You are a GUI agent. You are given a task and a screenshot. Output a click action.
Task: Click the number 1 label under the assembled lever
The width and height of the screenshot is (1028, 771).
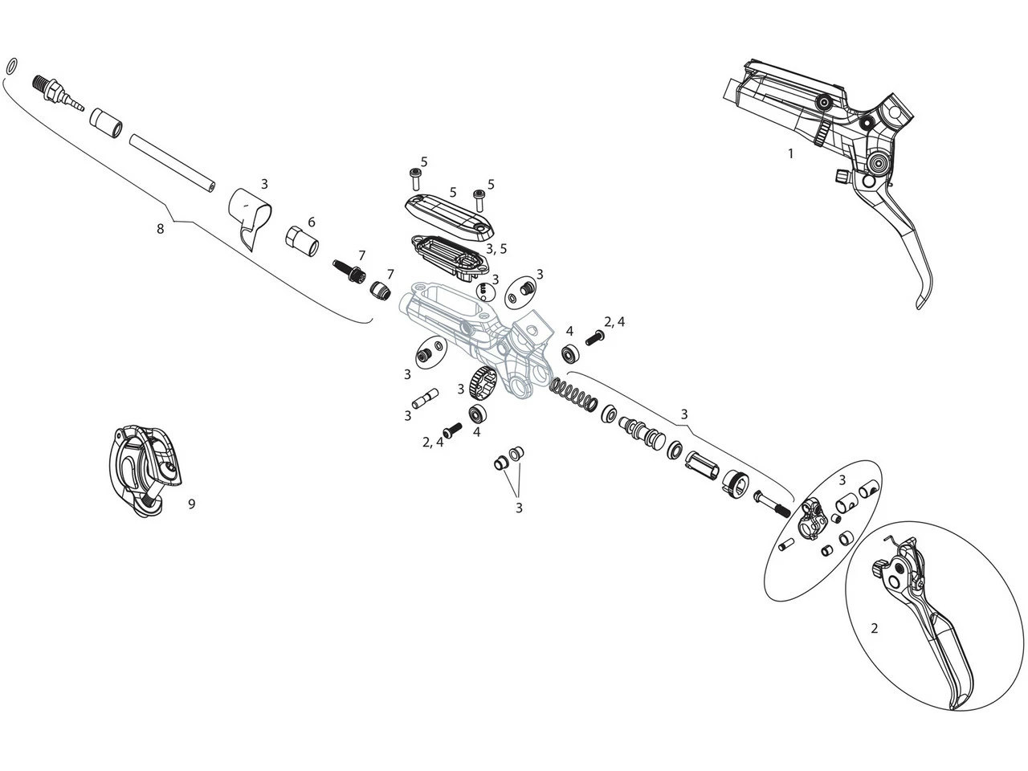[x=789, y=153]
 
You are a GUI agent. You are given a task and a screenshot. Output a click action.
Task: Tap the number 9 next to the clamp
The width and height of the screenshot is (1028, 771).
[x=191, y=504]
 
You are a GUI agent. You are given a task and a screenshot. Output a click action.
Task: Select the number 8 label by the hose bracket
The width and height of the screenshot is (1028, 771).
[x=160, y=229]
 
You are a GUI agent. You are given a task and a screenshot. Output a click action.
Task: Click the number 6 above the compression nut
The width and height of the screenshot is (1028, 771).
[x=311, y=222]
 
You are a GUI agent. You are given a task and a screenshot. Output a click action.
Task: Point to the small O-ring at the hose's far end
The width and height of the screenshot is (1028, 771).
[x=11, y=66]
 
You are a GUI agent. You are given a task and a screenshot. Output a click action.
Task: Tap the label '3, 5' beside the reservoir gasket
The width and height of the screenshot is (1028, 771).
[x=496, y=249]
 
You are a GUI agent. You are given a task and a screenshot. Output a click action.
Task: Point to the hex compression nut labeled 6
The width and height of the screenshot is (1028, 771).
[x=302, y=239]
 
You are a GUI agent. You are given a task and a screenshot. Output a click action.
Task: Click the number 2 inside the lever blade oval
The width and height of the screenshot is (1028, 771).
[x=875, y=628]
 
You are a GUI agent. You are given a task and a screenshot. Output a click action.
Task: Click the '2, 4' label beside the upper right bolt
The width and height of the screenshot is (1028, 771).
[x=614, y=322]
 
